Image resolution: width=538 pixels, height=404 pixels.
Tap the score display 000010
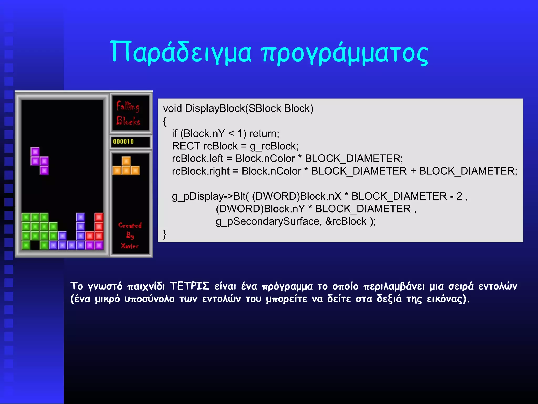[x=123, y=142]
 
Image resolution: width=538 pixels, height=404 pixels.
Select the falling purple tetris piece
[x=40, y=161]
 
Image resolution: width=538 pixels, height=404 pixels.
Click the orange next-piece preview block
[x=126, y=166]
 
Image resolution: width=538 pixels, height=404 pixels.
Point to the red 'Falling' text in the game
[x=128, y=106]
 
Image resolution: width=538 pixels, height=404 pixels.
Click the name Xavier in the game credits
[x=130, y=246]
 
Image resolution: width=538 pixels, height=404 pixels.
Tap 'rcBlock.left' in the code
[x=198, y=159]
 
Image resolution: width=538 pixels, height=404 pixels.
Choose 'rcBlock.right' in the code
[x=201, y=171]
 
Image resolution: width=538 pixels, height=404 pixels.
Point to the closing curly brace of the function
[x=165, y=234]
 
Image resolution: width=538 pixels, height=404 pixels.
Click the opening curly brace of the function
[x=165, y=121]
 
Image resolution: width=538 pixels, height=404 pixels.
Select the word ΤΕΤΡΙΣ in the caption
[x=189, y=286]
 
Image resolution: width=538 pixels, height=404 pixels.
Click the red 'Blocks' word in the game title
[x=128, y=121]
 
